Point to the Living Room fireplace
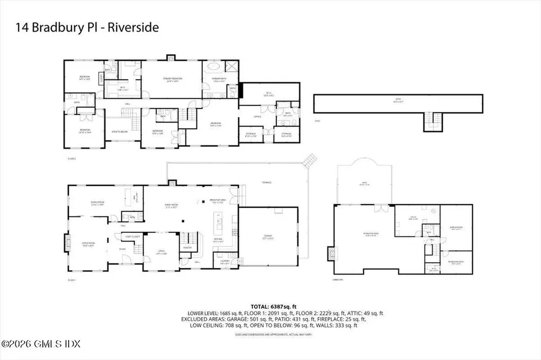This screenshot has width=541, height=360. tap(67, 244)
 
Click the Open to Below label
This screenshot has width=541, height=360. tap(120, 131)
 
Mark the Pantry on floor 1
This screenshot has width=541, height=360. tap(187, 248)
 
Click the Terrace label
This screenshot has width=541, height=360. tap(267, 183)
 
